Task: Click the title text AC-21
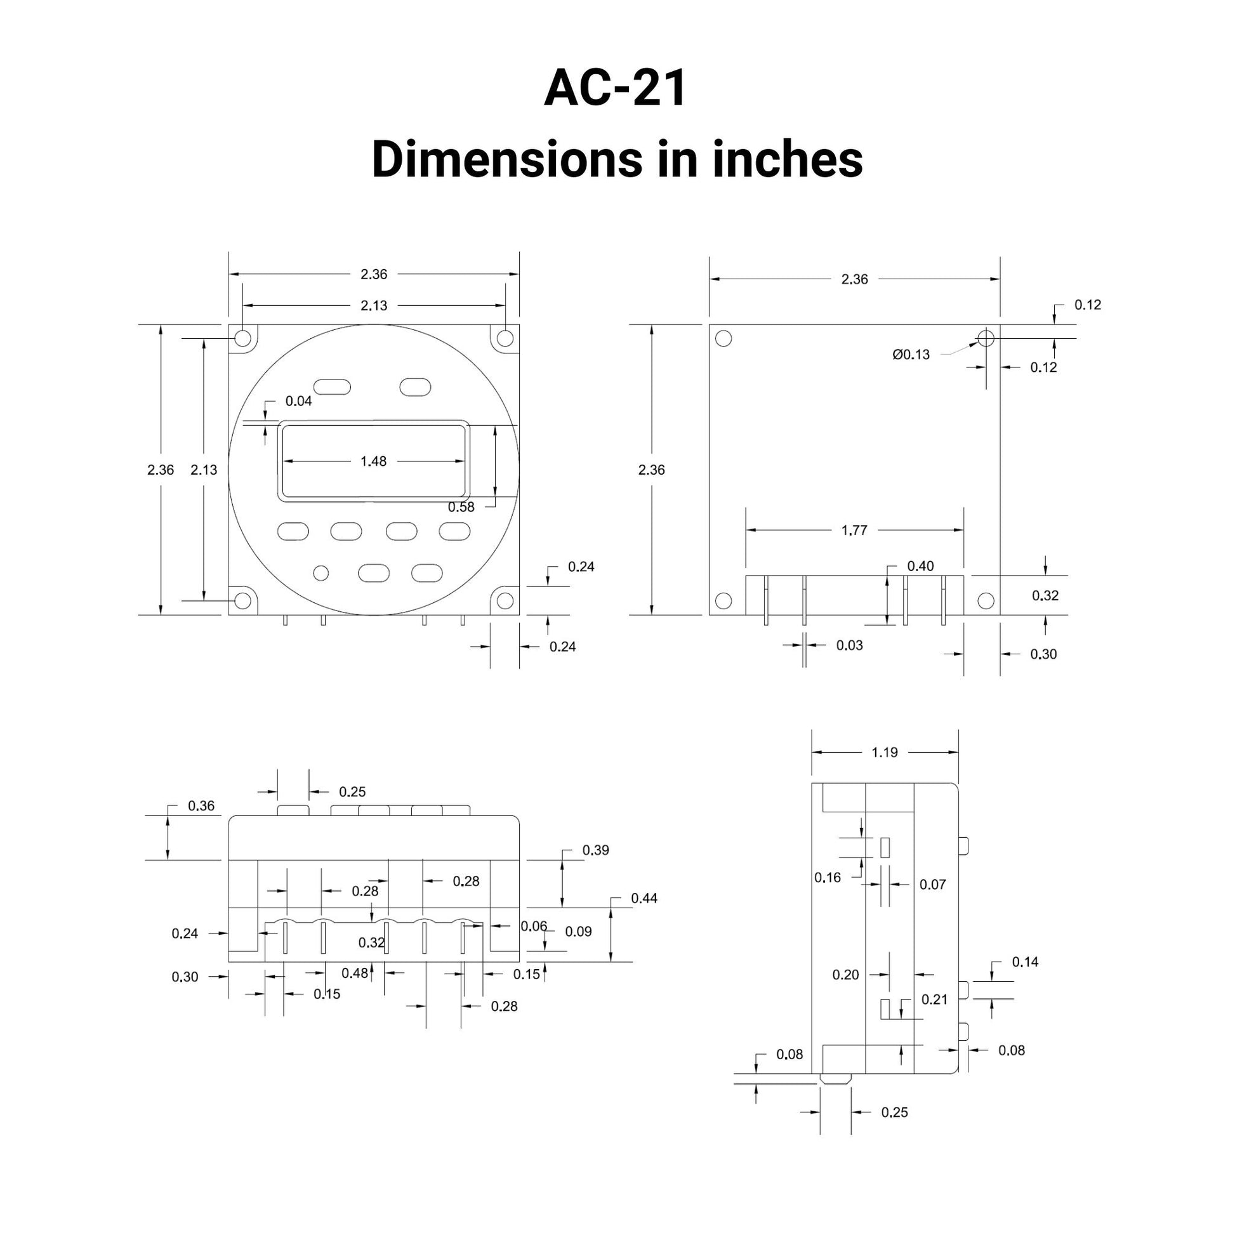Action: pos(616,88)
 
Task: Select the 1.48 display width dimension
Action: pos(373,461)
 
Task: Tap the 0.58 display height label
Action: pos(461,508)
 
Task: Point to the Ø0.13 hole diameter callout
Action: pos(911,354)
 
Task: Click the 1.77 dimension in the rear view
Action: pos(854,530)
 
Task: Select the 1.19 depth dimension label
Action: pos(884,753)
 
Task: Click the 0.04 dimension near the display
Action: pos(298,401)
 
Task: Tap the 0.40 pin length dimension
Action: pos(920,565)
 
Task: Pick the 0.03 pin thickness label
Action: pos(849,645)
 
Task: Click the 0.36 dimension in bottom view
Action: pos(201,805)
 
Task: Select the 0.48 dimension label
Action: pos(354,973)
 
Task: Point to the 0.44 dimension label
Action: pos(644,898)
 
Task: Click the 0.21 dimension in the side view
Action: pos(934,999)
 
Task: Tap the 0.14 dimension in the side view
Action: pos(1025,961)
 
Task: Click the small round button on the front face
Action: pos(321,572)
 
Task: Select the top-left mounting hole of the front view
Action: pos(243,338)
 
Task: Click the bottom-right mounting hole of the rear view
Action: pos(986,601)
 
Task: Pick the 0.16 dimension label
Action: pos(827,878)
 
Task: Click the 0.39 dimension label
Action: pos(595,850)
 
